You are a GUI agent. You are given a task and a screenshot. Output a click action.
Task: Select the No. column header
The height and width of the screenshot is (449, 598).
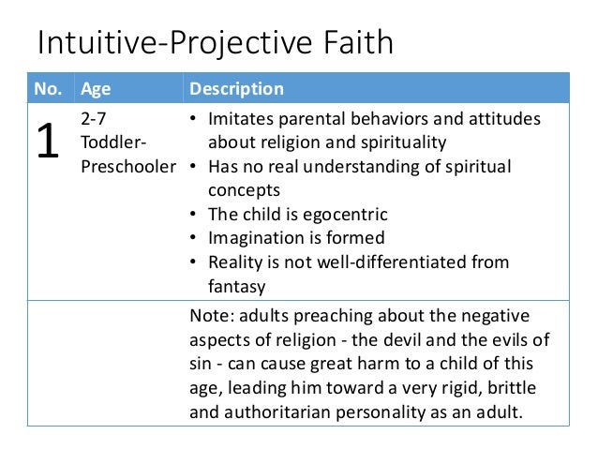51,89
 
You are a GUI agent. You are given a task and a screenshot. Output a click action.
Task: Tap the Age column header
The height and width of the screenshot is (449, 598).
95,89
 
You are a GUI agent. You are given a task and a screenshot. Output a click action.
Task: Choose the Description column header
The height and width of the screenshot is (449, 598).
236,89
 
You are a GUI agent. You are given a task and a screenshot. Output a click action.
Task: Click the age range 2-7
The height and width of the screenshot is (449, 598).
93,121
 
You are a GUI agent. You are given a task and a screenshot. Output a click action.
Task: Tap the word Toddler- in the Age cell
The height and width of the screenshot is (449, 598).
113,144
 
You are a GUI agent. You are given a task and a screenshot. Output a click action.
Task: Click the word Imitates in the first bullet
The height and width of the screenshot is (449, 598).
242,121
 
